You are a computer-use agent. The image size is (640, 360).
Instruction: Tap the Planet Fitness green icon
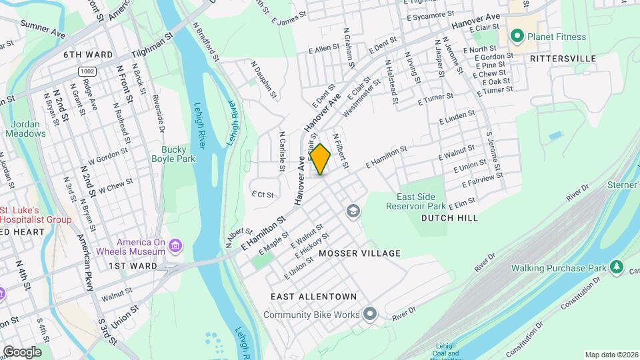516,36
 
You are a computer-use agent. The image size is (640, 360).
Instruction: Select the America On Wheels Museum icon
175,247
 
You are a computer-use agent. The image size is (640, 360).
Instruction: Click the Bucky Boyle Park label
177,155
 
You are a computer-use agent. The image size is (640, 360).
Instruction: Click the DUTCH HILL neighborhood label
449,218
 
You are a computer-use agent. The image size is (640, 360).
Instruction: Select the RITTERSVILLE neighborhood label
563,59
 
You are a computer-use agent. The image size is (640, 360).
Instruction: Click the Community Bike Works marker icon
370,315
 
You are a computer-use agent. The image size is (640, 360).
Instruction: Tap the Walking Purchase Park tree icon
617,268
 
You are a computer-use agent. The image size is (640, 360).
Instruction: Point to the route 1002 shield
86,71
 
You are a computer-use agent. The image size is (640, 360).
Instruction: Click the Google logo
21,352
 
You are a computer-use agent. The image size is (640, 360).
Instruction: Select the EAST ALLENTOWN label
313,296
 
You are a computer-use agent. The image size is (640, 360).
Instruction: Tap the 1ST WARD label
133,266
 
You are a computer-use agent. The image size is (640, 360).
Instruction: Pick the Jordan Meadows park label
26,129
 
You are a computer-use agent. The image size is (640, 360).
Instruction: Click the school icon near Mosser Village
353,212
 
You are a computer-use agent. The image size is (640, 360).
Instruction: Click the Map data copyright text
610,355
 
